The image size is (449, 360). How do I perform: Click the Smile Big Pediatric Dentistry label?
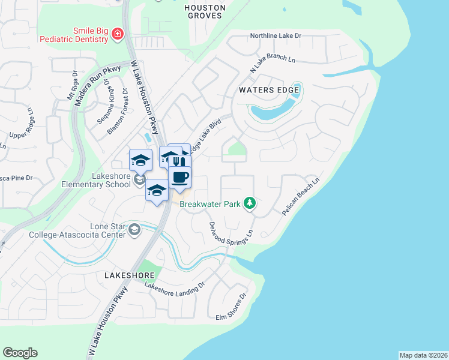(73, 35)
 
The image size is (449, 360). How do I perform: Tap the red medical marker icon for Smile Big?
(118, 34)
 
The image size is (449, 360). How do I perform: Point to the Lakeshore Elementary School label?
(95, 180)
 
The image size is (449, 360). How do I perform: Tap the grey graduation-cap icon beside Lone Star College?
(136, 229)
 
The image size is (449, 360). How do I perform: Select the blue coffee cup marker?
(179, 177)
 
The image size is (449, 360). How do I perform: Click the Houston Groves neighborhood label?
(205, 11)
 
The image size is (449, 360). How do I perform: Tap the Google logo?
(20, 353)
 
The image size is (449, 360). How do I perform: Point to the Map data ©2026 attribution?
(423, 355)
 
